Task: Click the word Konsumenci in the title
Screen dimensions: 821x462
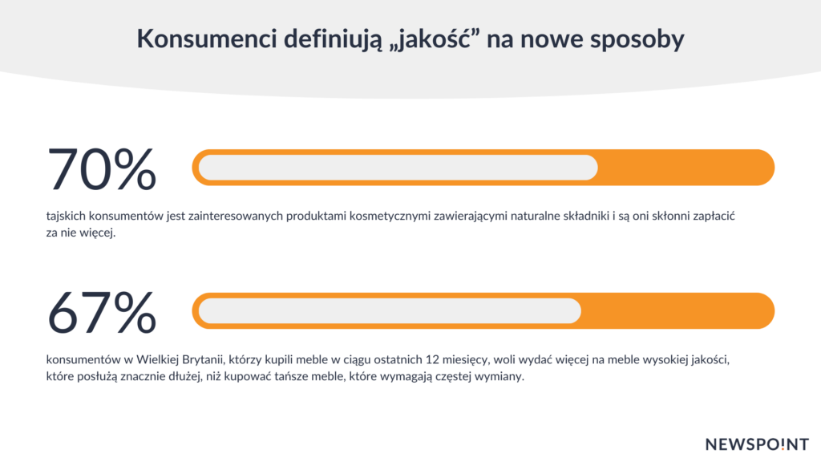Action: pos(207,38)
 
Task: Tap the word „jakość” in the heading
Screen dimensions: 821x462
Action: pos(435,40)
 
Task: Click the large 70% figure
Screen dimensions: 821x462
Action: pos(102,169)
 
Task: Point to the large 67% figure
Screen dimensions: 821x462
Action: pos(102,313)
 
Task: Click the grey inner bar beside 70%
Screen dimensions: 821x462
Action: pos(398,168)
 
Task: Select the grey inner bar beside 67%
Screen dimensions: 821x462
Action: pos(390,311)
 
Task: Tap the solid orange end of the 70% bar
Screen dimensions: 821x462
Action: pos(686,168)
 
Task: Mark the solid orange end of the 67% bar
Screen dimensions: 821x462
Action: pos(677,311)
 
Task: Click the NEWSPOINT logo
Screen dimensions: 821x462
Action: pos(757,444)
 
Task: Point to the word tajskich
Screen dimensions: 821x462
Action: pos(66,217)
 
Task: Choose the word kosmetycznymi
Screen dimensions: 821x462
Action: pos(390,217)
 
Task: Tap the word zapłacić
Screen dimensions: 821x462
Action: pos(714,217)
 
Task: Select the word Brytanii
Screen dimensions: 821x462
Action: pos(202,360)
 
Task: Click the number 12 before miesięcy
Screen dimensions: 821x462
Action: pos(432,360)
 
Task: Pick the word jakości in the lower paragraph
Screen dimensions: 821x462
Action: pos(710,360)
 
